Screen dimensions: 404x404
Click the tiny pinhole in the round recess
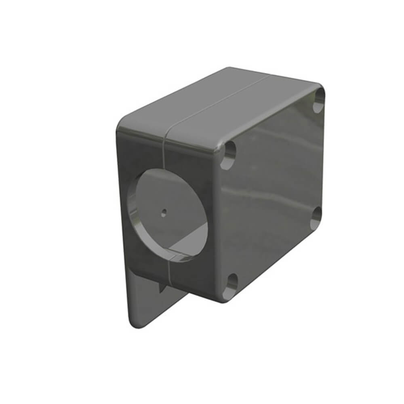click(163, 211)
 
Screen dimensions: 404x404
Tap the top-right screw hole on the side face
click(319, 100)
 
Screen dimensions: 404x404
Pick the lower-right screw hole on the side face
click(317, 217)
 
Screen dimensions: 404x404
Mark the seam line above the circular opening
click(164, 154)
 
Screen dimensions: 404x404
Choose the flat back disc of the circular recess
click(170, 202)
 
